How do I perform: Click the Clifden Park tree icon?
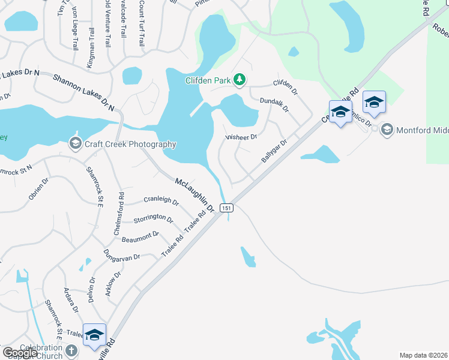tap(240, 80)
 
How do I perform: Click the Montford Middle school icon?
tap(387, 129)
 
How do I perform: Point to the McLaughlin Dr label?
tap(194, 195)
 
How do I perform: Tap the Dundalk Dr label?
tap(274, 106)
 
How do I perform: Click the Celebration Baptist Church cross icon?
tap(71, 350)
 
